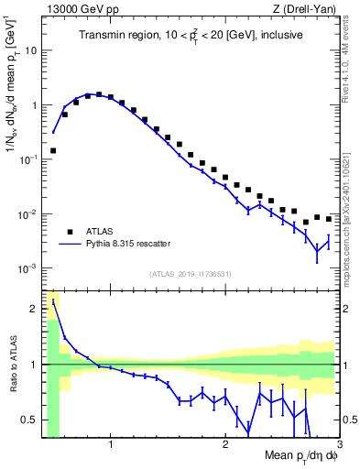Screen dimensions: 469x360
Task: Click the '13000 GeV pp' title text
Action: pyautogui.click(x=74, y=9)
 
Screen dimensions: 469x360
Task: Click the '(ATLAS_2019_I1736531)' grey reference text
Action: pyautogui.click(x=191, y=274)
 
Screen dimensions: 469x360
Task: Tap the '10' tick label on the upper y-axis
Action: pyautogui.click(x=29, y=50)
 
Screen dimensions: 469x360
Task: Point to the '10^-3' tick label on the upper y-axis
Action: pyautogui.click(x=27, y=268)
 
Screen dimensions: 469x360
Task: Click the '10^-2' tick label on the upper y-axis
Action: pyautogui.click(x=27, y=214)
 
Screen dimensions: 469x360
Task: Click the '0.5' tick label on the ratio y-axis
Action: pyautogui.click(x=28, y=420)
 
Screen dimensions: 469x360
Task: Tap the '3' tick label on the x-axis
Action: pyautogui.click(x=339, y=444)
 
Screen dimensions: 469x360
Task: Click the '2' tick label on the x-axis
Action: pyautogui.click(x=224, y=444)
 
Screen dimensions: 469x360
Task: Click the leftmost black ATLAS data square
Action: pyautogui.click(x=53, y=149)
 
